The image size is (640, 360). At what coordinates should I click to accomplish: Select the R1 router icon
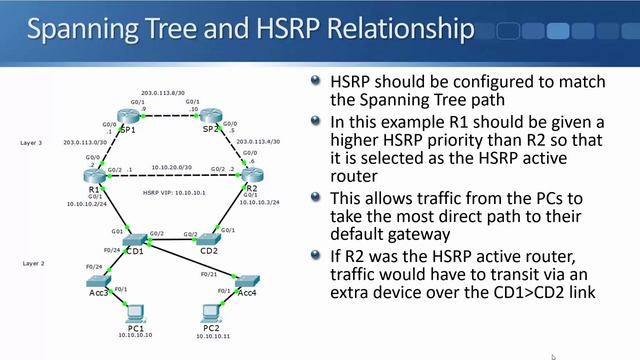(94, 175)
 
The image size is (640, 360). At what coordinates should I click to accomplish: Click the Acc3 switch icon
(97, 283)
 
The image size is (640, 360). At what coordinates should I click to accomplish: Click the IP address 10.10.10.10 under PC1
(136, 336)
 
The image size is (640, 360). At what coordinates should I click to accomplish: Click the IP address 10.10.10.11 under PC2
(211, 337)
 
